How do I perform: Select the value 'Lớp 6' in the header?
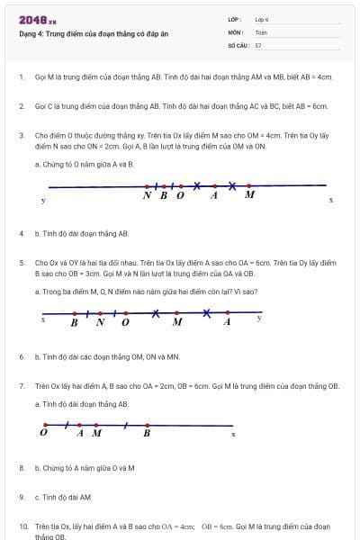click(262, 19)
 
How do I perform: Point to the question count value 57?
click(258, 44)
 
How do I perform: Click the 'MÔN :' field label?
click(236, 31)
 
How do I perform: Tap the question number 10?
click(23, 525)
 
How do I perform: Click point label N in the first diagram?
click(148, 194)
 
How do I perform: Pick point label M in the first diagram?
click(249, 194)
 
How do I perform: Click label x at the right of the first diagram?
click(330, 200)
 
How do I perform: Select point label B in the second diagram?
click(75, 321)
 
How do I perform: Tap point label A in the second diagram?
click(227, 321)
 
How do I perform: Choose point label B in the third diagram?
click(147, 433)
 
